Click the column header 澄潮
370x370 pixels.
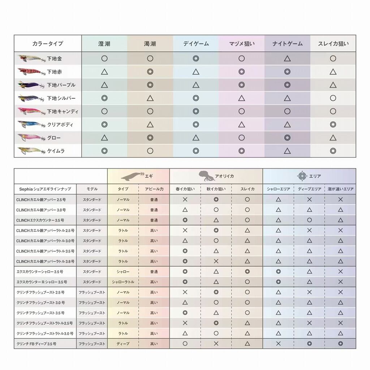pos(104,44)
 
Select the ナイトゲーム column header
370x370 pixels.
pos(287,44)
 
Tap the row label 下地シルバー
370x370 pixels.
pos(61,98)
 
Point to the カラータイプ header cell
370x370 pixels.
pos(48,44)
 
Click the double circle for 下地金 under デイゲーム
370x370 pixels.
pos(196,59)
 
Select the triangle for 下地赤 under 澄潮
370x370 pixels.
pos(104,72)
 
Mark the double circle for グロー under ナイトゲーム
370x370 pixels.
pos(287,138)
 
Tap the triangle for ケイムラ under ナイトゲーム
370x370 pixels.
pos(287,151)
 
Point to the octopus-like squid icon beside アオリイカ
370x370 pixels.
pos(206,176)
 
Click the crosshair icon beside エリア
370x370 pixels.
pos(301,176)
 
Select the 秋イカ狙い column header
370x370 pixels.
pos(216,189)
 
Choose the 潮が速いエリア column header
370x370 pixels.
pos(340,189)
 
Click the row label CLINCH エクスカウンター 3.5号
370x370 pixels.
pos(40,220)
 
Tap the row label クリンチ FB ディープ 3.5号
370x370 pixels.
pos(36,344)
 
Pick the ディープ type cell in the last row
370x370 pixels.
pos(123,344)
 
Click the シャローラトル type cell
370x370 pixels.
pos(123,282)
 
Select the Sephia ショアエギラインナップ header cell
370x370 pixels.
pos(45,189)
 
